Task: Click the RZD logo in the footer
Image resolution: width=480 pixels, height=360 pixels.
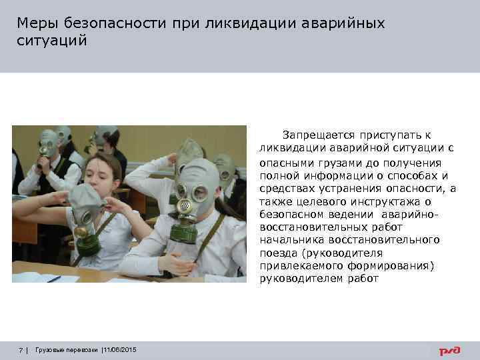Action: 447,351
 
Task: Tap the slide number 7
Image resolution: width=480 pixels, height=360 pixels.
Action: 21,350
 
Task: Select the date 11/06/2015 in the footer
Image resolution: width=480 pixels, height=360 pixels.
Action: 119,350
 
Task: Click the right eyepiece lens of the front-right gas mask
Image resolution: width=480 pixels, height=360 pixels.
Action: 201,193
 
